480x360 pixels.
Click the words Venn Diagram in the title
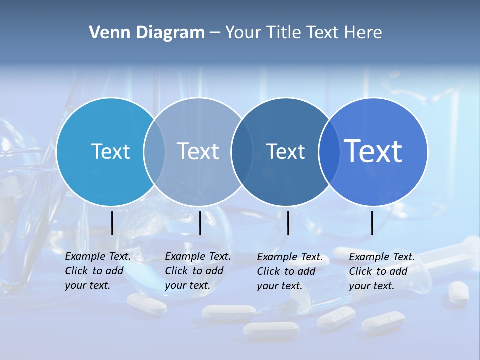coord(147,33)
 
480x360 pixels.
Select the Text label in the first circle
coord(110,151)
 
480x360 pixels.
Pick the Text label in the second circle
coord(198,151)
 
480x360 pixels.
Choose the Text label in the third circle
coord(286,151)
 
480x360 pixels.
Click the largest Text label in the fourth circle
coord(373,151)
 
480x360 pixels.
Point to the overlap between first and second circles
coord(154,152)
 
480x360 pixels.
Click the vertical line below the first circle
coord(112,223)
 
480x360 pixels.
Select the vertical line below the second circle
coord(200,223)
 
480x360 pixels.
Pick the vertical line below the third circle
coord(288,223)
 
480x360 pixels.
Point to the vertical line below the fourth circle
coord(372,223)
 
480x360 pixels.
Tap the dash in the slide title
coord(215,33)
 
